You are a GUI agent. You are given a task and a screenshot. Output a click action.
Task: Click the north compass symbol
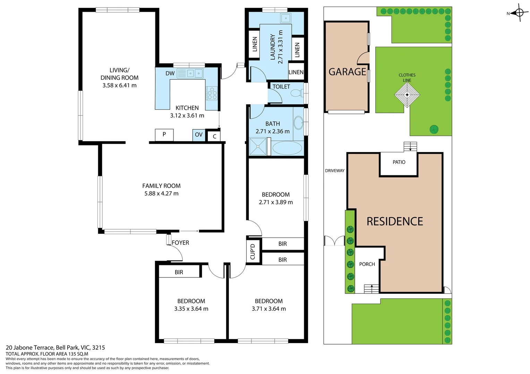click(x=519, y=13)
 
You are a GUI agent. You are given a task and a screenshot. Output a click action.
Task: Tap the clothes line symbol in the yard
click(x=407, y=95)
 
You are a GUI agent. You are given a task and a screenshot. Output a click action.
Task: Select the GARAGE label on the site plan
click(x=347, y=72)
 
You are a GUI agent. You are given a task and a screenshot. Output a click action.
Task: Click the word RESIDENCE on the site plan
click(x=395, y=221)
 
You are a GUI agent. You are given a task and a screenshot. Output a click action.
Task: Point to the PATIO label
click(x=399, y=162)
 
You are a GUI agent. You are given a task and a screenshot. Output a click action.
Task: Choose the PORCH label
click(x=367, y=264)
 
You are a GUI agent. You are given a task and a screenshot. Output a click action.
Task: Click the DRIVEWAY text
click(x=335, y=171)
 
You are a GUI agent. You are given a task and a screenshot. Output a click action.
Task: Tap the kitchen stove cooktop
click(x=212, y=93)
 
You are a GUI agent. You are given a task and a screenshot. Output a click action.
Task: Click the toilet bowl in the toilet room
click(x=296, y=93)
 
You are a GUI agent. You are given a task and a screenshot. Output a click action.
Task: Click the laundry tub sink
click(x=286, y=18)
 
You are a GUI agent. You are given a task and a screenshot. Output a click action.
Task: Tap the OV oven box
click(x=199, y=135)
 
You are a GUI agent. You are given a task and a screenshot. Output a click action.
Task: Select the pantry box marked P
click(x=164, y=134)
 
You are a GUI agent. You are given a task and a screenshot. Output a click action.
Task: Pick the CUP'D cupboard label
click(x=253, y=251)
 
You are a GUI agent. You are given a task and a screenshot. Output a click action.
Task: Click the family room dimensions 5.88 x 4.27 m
click(x=161, y=194)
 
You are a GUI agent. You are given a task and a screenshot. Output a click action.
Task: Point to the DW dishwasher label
click(x=170, y=73)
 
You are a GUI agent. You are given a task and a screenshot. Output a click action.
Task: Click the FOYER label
click(x=180, y=243)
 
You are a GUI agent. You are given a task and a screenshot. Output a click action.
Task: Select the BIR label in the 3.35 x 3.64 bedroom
click(x=179, y=272)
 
